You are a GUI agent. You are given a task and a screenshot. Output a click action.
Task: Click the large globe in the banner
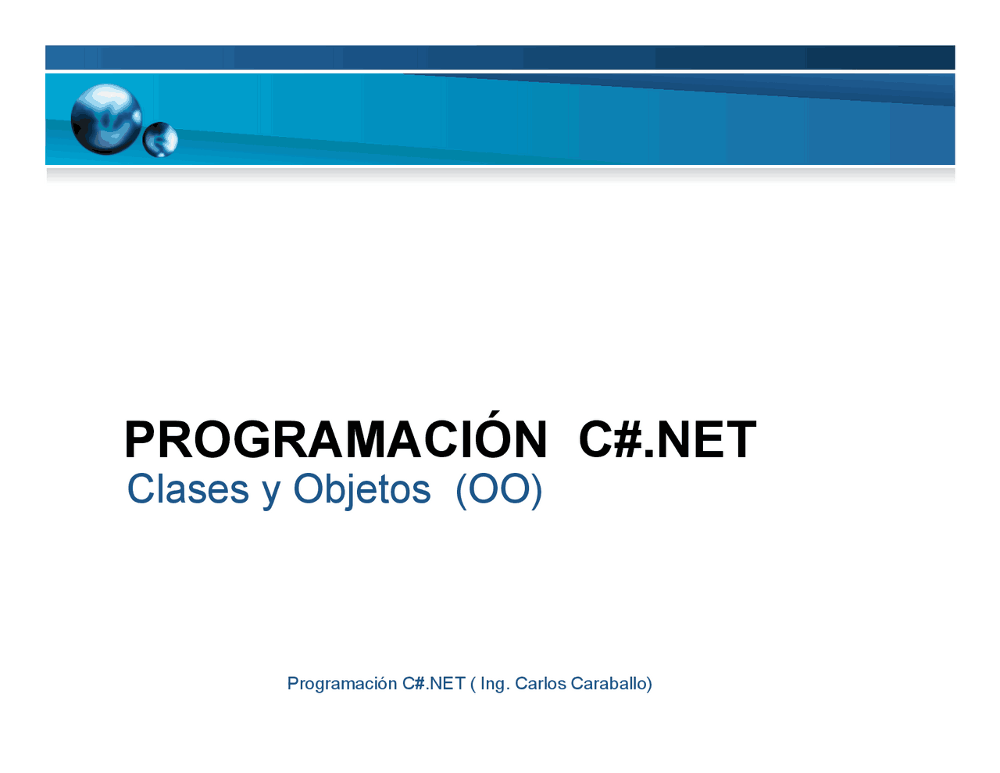tap(106, 120)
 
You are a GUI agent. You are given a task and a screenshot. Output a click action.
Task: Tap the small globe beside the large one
tap(161, 140)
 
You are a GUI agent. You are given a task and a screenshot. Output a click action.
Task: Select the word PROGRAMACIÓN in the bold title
tap(336, 440)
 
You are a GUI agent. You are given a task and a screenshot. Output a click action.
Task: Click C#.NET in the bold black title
tap(667, 440)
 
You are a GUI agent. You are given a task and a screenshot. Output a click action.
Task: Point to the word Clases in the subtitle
tap(187, 490)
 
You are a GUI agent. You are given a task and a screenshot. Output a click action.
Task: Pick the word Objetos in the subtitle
tap(362, 490)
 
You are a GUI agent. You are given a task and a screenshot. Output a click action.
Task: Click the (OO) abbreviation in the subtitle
tap(498, 490)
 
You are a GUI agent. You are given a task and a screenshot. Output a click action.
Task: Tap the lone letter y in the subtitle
tap(271, 492)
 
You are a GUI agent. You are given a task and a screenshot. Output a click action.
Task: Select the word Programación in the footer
tap(342, 684)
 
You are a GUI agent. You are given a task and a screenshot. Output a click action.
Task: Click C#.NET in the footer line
tap(434, 684)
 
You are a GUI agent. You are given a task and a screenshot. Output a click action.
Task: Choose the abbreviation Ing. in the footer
tap(495, 684)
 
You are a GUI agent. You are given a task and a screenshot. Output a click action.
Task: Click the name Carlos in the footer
tap(541, 684)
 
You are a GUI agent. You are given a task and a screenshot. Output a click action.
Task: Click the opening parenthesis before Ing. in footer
tap(473, 684)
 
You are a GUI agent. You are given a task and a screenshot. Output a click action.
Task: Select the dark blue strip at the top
tap(500, 57)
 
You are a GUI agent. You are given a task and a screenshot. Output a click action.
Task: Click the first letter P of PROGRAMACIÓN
tap(139, 440)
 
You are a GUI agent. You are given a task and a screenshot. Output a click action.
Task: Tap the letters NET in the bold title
tap(706, 440)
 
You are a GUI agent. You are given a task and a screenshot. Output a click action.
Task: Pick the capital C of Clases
tap(140, 490)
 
